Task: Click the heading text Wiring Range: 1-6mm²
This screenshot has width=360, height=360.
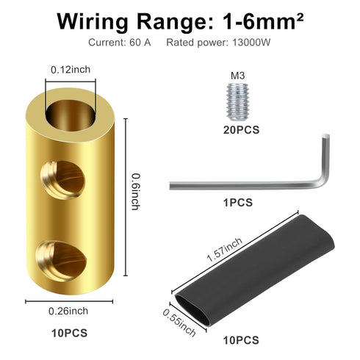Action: coord(180,20)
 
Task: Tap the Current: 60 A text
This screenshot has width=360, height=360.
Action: coord(120,43)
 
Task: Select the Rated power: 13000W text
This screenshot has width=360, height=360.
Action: coord(218,43)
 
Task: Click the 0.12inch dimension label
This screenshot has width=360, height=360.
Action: coord(71,69)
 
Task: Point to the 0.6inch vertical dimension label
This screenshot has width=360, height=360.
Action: coord(135,191)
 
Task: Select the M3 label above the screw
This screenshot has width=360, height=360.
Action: coord(236,75)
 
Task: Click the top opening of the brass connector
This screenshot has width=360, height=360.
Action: coord(71,110)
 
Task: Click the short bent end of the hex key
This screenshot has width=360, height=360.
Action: coord(323,158)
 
